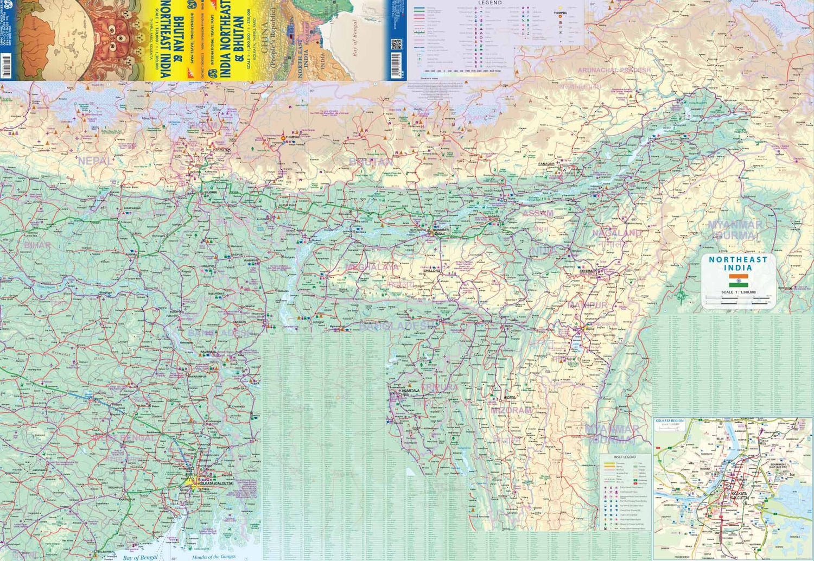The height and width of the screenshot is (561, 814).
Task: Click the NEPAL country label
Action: click(x=95, y=161)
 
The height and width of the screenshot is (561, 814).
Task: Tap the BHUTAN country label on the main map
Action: click(x=371, y=162)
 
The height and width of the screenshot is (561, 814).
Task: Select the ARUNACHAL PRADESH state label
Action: click(x=614, y=70)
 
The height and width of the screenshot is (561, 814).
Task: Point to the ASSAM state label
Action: click(x=537, y=213)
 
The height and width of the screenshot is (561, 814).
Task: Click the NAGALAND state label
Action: click(x=616, y=233)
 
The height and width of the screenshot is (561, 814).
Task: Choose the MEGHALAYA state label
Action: click(x=372, y=267)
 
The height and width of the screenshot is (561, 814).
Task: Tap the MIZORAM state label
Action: click(x=511, y=410)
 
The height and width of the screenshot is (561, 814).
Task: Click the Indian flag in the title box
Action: click(x=738, y=280)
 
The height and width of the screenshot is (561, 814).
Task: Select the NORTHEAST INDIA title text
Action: click(x=738, y=264)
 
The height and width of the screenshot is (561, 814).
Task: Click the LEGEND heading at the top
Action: click(x=489, y=3)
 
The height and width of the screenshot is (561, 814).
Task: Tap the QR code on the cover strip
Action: click(x=396, y=44)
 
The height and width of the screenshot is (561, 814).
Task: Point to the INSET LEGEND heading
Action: click(x=625, y=457)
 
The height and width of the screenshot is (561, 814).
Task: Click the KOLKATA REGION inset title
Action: click(x=670, y=421)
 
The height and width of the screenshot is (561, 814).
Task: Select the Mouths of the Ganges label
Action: click(x=213, y=557)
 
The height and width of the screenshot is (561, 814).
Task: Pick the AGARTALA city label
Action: click(x=410, y=391)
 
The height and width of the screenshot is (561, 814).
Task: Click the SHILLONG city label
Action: click(x=432, y=270)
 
